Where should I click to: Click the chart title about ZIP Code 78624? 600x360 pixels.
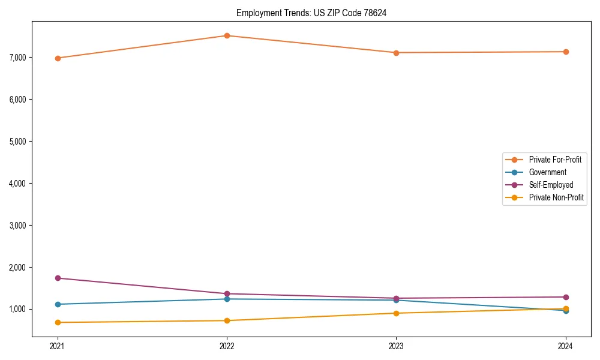(x=311, y=13)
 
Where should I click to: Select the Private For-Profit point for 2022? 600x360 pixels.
(x=227, y=35)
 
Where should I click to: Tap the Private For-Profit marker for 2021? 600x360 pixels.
(x=58, y=58)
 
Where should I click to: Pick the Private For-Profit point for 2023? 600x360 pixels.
(x=396, y=53)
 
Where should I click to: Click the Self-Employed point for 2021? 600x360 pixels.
(x=58, y=278)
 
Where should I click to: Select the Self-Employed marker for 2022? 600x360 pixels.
(x=227, y=293)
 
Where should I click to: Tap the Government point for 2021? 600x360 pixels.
(x=58, y=304)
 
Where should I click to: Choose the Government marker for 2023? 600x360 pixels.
(x=396, y=300)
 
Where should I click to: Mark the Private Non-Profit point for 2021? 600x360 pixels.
(x=58, y=322)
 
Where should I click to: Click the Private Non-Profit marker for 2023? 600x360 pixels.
(x=396, y=313)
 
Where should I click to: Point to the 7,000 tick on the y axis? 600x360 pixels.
(x=18, y=57)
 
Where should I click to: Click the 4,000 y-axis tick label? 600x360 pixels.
(x=18, y=183)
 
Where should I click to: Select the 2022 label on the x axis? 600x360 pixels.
(x=227, y=346)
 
